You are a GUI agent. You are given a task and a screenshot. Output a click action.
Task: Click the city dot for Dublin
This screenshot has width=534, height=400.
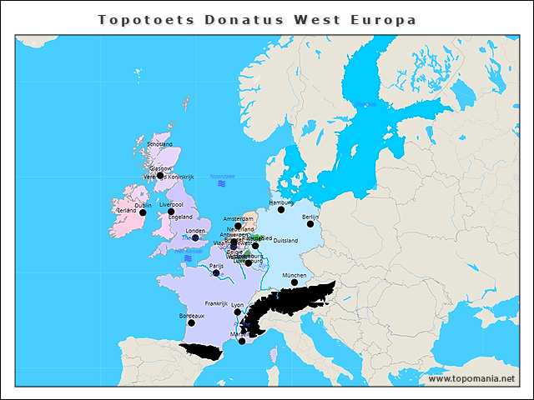point(143,212)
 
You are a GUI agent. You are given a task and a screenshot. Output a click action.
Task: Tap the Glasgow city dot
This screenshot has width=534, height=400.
point(160,176)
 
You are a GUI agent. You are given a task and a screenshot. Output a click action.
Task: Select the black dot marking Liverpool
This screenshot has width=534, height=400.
point(171,212)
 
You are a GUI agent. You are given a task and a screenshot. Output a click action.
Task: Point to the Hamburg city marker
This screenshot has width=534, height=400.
point(281,210)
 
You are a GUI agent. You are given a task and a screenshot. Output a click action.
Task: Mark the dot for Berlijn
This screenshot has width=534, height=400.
point(310,223)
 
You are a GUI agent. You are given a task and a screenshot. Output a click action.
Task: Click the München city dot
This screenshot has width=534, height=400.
point(294,282)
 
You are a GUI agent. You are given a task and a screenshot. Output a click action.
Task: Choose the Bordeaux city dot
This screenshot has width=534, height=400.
point(191,323)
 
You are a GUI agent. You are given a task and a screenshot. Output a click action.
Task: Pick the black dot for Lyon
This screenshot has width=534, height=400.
point(238,312)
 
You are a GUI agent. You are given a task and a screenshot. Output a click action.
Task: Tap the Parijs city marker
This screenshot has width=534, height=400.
point(216,272)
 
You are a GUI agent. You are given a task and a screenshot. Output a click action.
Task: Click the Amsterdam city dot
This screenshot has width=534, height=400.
point(238,226)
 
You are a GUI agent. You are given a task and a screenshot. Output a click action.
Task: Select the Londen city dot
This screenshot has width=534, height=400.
point(195,237)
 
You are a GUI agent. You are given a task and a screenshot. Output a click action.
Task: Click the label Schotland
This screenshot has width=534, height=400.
point(159,144)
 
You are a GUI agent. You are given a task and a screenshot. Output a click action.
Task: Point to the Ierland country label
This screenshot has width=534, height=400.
point(127,211)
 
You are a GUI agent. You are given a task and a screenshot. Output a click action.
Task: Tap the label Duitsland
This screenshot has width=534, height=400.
point(285,241)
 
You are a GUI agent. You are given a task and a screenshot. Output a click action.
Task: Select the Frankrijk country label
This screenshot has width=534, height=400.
point(216,304)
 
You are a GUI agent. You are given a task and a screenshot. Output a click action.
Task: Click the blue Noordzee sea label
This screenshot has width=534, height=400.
point(223,176)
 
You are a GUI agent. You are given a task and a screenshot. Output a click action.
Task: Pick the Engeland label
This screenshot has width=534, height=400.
point(179,217)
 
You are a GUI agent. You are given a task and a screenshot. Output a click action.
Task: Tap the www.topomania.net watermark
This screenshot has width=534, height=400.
point(471,378)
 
